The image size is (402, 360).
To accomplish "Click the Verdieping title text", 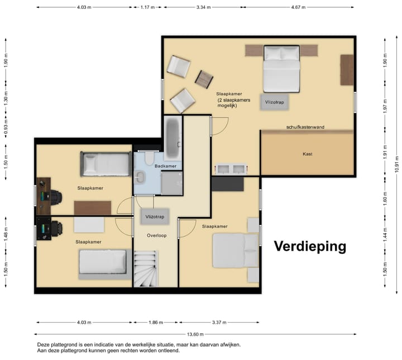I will (310, 246).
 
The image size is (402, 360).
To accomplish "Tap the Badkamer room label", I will (165, 166).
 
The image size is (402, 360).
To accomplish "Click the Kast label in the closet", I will (307, 153).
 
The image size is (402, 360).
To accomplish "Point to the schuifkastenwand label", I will (305, 127).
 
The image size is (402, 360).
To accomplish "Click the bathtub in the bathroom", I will (172, 138).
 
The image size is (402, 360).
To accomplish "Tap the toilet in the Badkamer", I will (149, 159).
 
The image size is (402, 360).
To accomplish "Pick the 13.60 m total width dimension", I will (195, 334).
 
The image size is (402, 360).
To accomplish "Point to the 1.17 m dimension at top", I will (147, 7).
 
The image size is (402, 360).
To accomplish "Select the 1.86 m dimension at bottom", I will (156, 322).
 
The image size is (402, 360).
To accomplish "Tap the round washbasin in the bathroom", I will (141, 177).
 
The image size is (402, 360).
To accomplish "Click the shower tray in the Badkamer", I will (172, 184).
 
